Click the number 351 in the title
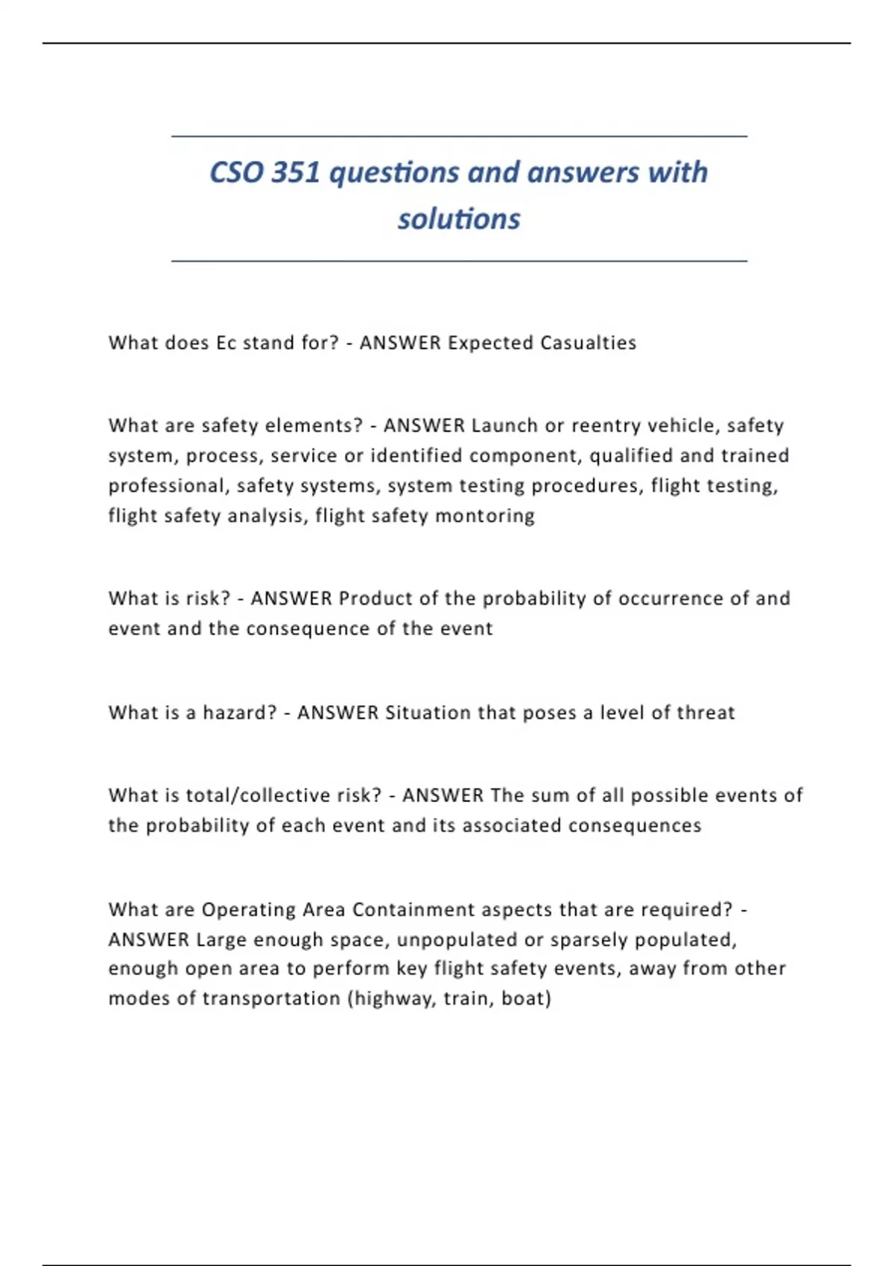click(296, 173)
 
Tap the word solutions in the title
click(459, 219)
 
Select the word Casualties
click(588, 343)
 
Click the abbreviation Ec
click(226, 343)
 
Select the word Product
click(373, 598)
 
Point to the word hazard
click(239, 713)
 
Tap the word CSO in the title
click(236, 173)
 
